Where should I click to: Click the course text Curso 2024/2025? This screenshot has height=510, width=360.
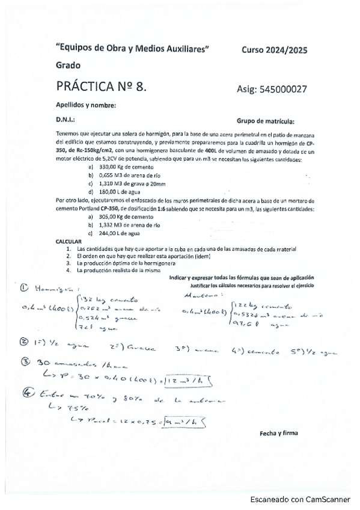tap(274, 51)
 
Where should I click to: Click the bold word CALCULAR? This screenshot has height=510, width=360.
tap(69, 241)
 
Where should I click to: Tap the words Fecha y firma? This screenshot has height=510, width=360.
tap(279, 432)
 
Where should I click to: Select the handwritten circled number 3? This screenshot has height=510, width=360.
tap(25, 362)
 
